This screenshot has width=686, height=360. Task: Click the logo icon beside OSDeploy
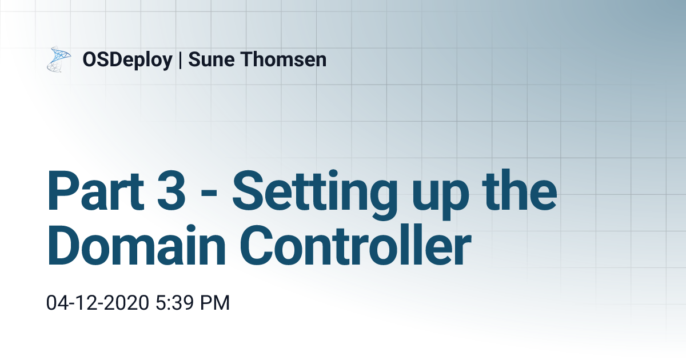58,59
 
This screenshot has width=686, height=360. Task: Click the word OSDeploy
127,59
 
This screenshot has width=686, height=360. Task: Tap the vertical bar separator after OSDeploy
181,59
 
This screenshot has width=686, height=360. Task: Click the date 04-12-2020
98,303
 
